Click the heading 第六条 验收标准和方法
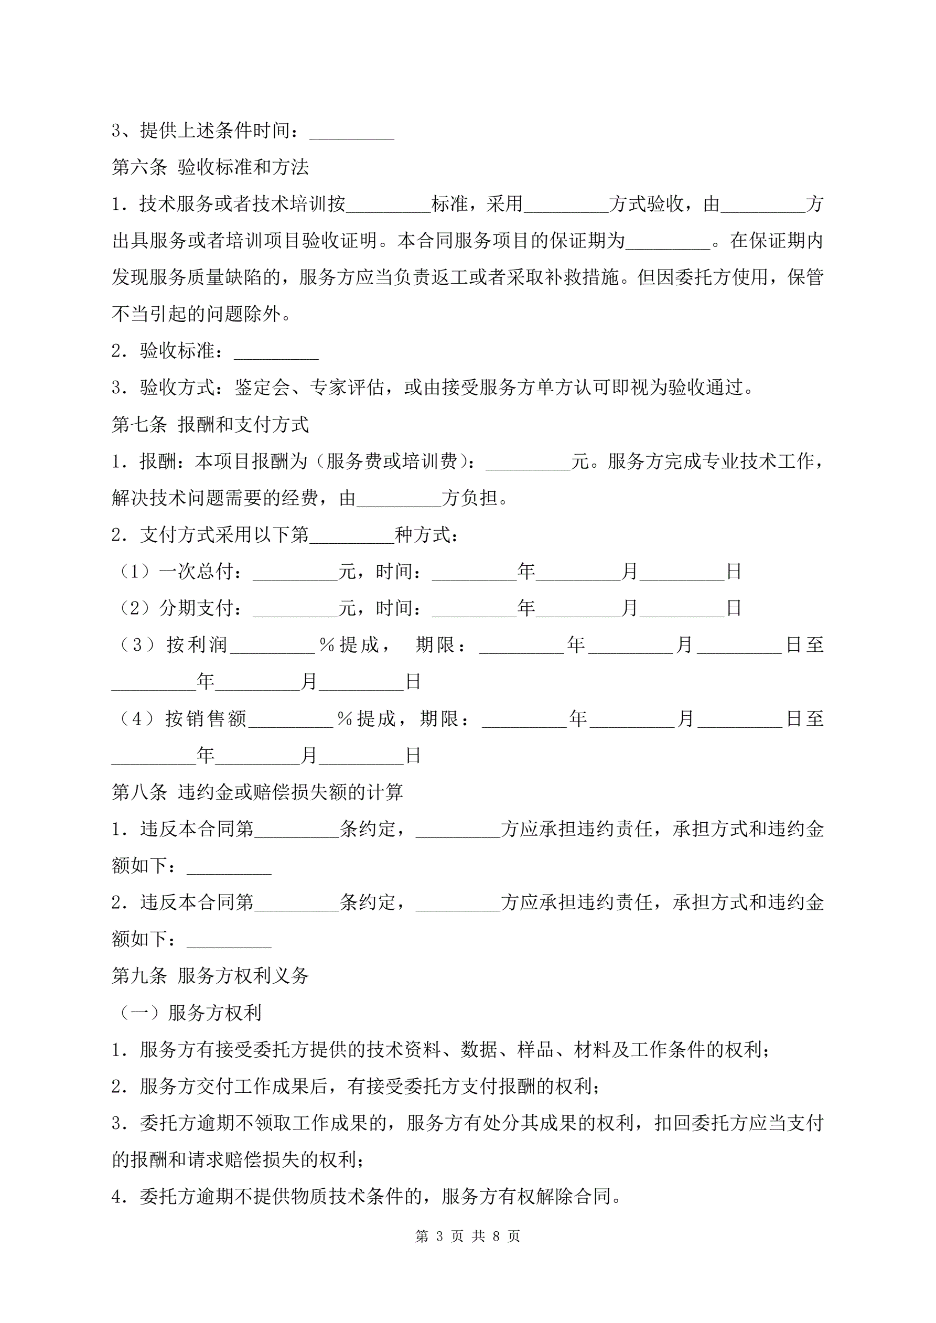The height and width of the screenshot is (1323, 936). (x=210, y=167)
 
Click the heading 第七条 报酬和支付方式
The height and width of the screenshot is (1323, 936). (x=210, y=425)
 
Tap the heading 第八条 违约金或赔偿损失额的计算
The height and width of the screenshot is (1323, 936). (x=257, y=792)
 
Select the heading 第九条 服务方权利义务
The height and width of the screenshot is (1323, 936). (x=210, y=975)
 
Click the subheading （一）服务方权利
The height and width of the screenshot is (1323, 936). (x=190, y=1013)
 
